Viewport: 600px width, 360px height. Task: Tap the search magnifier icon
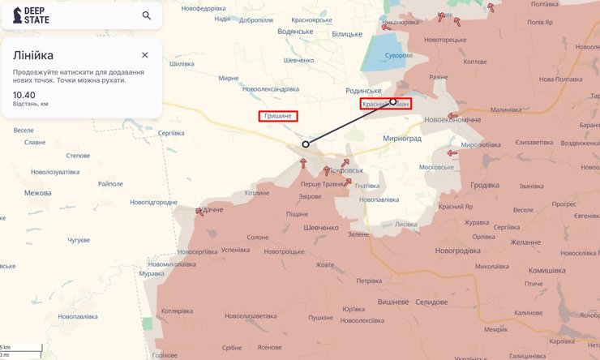tap(147, 15)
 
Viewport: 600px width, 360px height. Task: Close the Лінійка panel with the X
tap(144, 55)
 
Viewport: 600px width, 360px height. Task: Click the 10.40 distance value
tap(24, 95)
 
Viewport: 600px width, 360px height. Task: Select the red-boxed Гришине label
tap(278, 116)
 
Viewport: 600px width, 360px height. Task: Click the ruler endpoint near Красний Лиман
tap(392, 102)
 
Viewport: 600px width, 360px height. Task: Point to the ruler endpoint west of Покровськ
tap(306, 144)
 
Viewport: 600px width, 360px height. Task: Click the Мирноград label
tap(402, 139)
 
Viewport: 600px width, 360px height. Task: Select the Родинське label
tap(363, 91)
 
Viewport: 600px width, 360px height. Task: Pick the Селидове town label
tap(431, 302)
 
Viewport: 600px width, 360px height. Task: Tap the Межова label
tap(38, 193)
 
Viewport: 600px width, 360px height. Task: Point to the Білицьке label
tap(347, 34)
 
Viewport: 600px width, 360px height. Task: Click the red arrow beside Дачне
tap(199, 212)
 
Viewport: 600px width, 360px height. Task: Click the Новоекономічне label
tap(452, 120)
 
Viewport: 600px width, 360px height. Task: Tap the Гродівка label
tap(484, 185)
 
